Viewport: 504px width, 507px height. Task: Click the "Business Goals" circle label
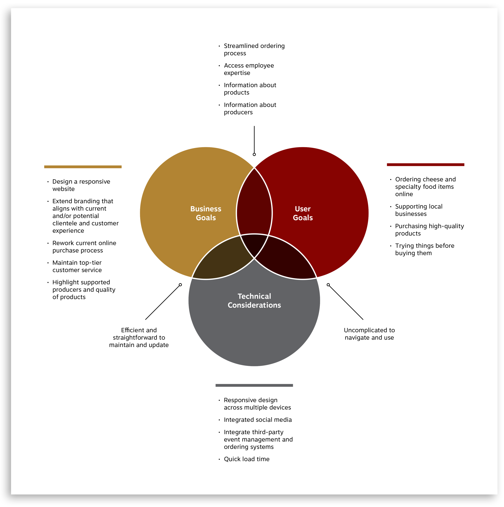(206, 213)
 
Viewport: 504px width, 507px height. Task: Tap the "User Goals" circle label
(303, 213)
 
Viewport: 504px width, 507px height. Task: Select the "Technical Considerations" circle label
(254, 300)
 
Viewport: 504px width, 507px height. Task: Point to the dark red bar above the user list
(425, 165)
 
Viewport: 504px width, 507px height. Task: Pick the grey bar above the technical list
(254, 385)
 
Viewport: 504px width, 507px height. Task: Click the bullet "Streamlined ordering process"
(254, 50)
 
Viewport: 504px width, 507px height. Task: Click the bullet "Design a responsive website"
(81, 185)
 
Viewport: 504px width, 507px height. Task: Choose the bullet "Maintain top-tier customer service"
(77, 266)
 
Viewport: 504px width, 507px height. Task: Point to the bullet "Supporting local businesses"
(419, 210)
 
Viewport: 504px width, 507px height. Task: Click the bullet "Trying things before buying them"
(425, 249)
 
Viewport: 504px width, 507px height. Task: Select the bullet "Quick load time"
(246, 459)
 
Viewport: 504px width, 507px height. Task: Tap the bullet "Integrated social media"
(257, 420)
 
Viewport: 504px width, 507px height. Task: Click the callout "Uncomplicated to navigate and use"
(369, 334)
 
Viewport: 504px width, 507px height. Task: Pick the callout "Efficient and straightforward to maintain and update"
(139, 337)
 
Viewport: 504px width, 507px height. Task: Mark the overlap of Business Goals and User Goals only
(254, 205)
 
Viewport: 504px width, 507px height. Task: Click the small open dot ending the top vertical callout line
(254, 154)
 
